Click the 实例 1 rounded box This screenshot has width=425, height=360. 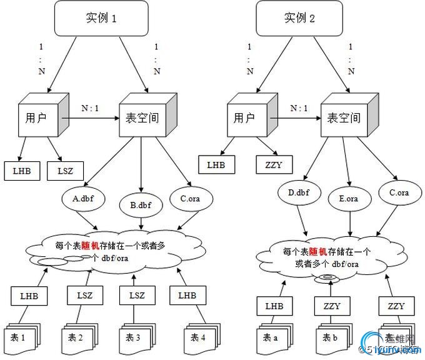coord(101,18)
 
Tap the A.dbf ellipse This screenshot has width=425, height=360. coord(83,199)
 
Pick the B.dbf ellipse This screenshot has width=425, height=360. coord(141,203)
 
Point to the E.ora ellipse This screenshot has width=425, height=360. coord(347,198)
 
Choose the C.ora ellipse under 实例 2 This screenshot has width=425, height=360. coord(399,192)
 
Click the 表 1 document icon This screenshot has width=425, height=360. coord(20,337)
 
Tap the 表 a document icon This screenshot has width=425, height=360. coord(272,338)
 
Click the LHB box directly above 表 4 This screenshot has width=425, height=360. coord(187,295)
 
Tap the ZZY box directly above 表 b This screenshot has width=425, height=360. coord(331,306)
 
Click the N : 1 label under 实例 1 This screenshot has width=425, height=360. coord(90,108)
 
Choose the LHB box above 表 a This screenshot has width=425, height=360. coord(274,306)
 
